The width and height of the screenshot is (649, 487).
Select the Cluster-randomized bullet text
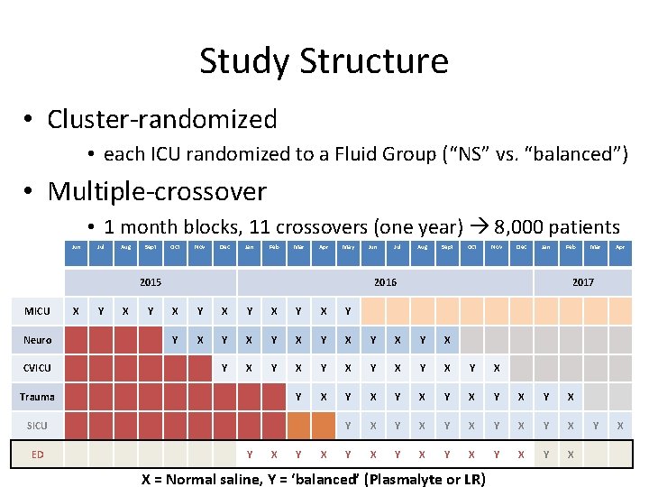click(162, 119)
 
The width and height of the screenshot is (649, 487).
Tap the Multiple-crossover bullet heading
click(157, 191)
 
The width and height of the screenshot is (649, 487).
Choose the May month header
click(348, 246)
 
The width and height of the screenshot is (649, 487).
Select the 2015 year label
click(151, 282)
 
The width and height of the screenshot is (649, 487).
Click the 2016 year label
click(385, 282)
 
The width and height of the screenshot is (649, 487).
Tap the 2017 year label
click(583, 282)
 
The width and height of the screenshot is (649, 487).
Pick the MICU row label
click(37, 311)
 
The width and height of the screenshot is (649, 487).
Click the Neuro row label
click(37, 340)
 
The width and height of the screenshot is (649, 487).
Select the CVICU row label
click(37, 368)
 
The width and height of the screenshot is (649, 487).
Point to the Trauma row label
click(37, 397)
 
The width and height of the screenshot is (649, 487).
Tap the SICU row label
click(37, 425)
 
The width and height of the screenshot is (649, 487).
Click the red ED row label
click(37, 454)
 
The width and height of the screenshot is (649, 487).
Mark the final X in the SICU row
click(619, 425)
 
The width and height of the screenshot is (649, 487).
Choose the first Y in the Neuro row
click(175, 340)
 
